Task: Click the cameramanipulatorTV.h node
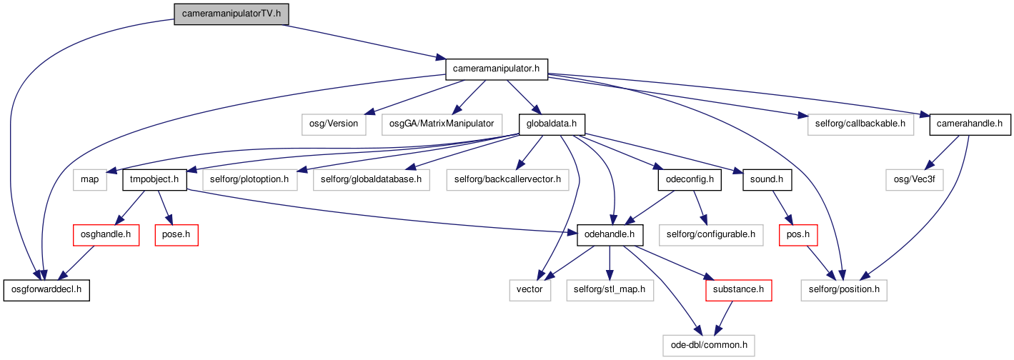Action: pos(231,14)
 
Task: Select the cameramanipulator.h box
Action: pos(497,69)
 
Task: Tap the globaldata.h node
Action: pos(552,124)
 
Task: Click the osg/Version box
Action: pos(334,124)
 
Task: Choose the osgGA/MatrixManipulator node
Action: pos(442,124)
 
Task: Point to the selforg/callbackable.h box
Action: pos(860,124)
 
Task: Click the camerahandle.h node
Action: pos(970,124)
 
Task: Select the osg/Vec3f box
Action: pos(915,180)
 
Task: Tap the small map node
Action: pos(89,180)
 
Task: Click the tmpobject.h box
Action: pos(154,180)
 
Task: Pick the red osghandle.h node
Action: pos(106,235)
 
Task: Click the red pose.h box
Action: pos(177,235)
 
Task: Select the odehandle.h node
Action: pos(610,235)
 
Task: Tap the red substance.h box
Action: pos(738,290)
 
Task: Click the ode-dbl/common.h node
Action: pos(709,346)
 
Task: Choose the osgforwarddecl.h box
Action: pos(46,290)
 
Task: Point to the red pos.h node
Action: pos(798,235)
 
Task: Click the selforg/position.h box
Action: pos(844,290)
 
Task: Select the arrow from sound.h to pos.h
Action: pos(783,208)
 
